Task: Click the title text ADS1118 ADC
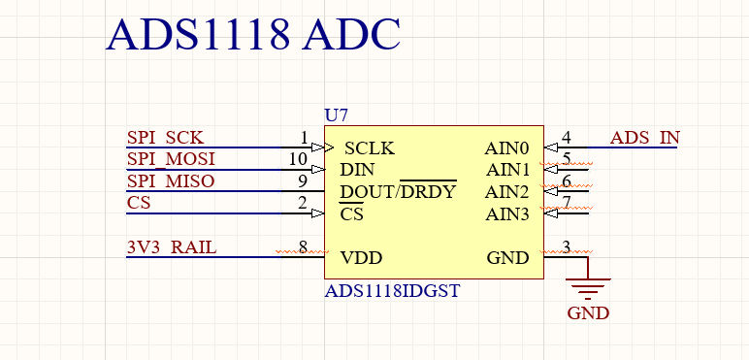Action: click(x=252, y=35)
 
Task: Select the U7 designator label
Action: click(x=336, y=115)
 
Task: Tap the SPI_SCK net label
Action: click(x=165, y=137)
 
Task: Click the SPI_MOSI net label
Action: click(x=171, y=158)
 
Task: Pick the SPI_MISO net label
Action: click(x=171, y=180)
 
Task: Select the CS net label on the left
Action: click(x=139, y=202)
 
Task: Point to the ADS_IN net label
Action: click(x=644, y=137)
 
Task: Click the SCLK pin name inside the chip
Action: click(x=370, y=149)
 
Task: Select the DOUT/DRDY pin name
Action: click(x=398, y=191)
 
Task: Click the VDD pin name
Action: click(x=361, y=258)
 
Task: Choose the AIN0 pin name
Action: click(x=507, y=149)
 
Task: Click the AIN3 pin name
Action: click(x=507, y=213)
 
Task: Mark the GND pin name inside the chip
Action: click(x=507, y=258)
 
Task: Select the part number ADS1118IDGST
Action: click(x=392, y=290)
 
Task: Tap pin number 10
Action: click(x=299, y=158)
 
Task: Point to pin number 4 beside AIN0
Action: click(x=567, y=137)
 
